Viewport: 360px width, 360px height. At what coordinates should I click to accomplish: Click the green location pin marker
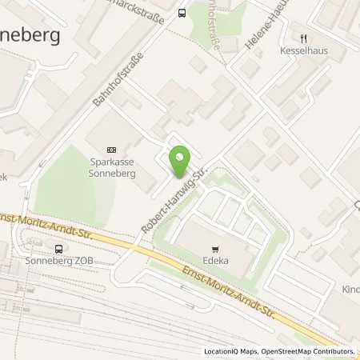pos(180,162)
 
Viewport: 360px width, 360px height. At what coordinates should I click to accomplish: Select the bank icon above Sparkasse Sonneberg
pos(111,149)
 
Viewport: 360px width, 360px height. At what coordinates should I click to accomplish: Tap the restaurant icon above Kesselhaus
pos(304,36)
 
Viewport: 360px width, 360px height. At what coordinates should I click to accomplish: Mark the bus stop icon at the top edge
pos(182,12)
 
